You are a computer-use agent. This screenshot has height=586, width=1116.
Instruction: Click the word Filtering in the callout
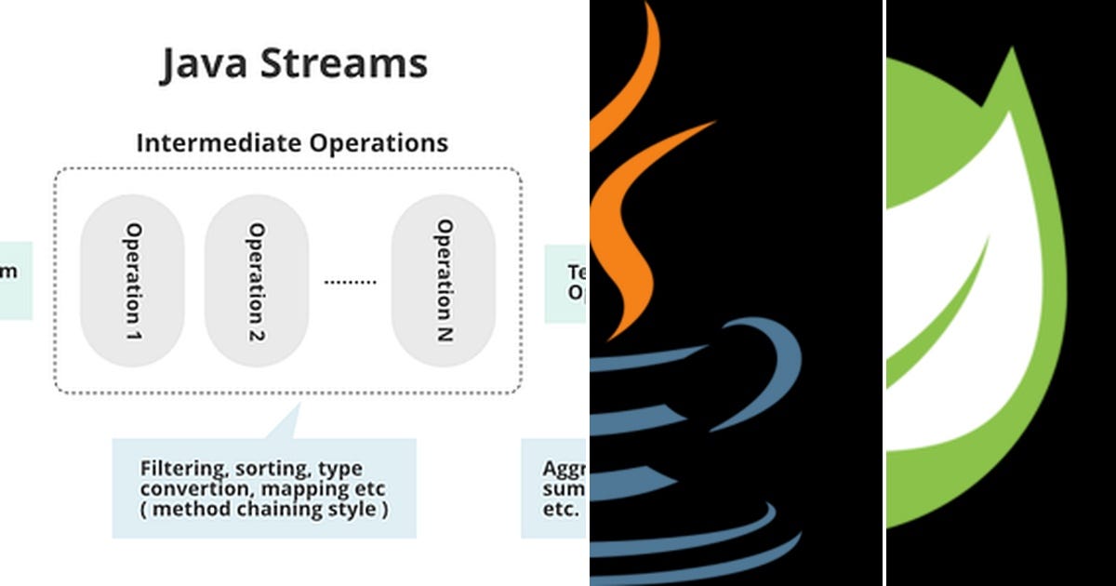coord(175,468)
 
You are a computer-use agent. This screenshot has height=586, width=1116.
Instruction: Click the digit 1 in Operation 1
coord(134,331)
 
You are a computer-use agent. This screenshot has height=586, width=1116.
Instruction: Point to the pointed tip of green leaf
coord(1009,50)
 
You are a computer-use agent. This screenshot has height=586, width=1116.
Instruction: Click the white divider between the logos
coord(884,293)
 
